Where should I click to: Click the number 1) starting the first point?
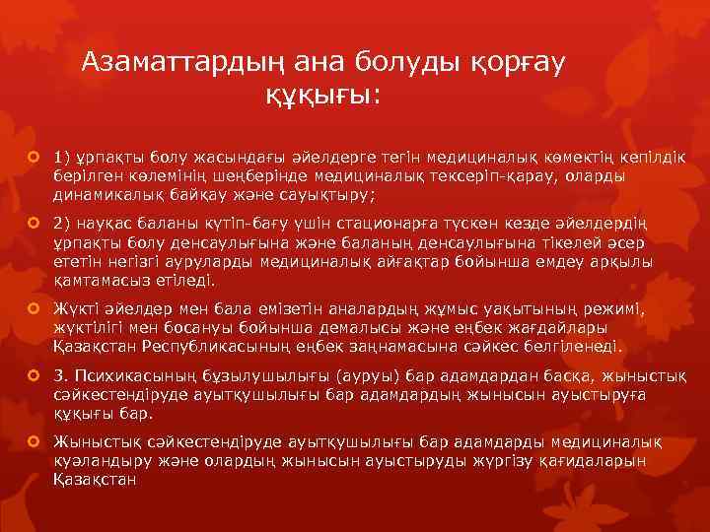pyautogui.click(x=63, y=156)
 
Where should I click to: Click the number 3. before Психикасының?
pyautogui.click(x=61, y=376)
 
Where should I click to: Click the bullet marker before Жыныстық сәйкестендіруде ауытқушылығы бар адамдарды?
pyautogui.click(x=35, y=442)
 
